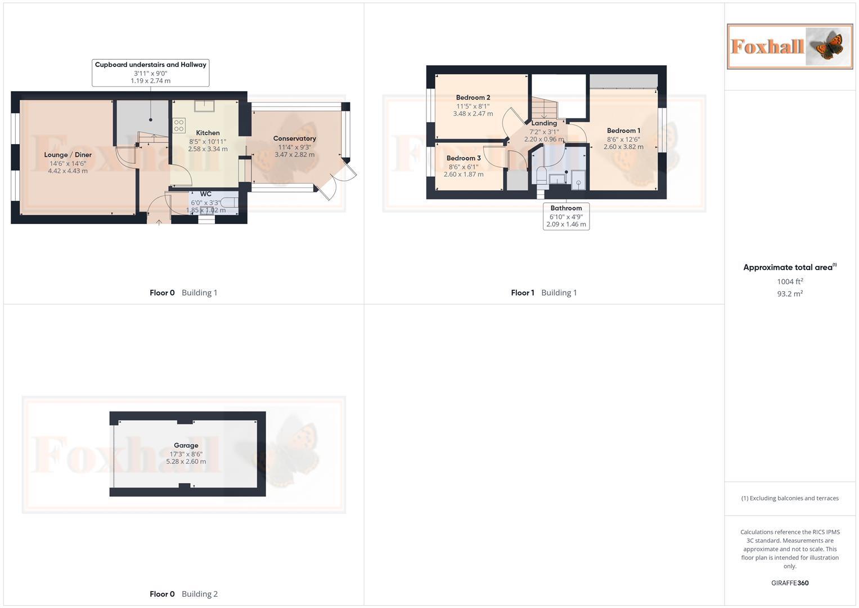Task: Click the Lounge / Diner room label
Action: coord(68,155)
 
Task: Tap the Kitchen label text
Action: coord(208,133)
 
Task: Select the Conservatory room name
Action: coord(294,138)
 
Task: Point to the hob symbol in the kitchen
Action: coord(179,125)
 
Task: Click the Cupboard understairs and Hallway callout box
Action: coord(150,73)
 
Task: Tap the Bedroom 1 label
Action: coord(623,131)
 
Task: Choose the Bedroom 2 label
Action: coord(473,97)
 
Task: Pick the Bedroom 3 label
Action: coord(464,158)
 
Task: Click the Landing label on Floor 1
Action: coord(544,123)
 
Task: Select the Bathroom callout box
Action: coord(566,216)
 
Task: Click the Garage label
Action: coord(186,445)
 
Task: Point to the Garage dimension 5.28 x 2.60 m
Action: coord(186,462)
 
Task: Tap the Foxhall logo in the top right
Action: coord(789,46)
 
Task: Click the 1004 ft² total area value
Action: coord(790,281)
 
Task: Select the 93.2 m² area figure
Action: coord(790,294)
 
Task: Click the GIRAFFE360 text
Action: coord(790,583)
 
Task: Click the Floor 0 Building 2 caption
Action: coord(183,594)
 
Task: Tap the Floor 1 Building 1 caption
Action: coord(543,293)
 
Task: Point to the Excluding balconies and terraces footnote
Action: coord(790,498)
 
